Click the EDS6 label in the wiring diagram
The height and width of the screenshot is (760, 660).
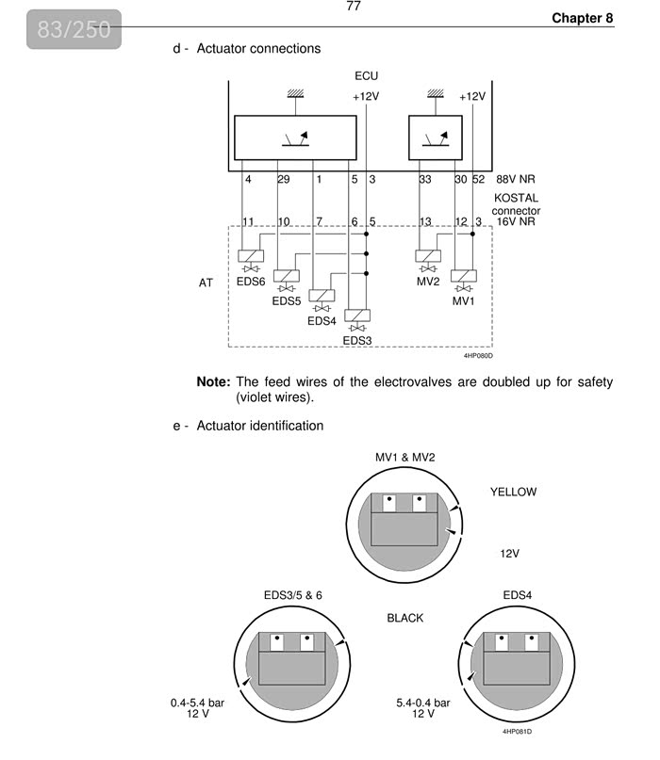click(x=251, y=281)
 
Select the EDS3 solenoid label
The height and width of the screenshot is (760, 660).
click(x=357, y=340)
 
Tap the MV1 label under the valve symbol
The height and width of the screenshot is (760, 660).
click(x=463, y=301)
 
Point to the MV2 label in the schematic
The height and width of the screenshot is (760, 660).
click(x=428, y=281)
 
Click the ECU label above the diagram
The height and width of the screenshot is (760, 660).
click(x=367, y=75)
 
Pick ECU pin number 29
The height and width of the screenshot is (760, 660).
click(x=283, y=179)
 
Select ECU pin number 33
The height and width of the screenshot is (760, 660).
click(x=425, y=179)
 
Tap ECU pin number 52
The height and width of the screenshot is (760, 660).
click(x=478, y=179)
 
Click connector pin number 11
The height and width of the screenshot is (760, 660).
click(x=249, y=222)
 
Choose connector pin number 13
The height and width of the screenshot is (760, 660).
click(x=425, y=222)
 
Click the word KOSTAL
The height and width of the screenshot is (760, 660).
click(x=516, y=199)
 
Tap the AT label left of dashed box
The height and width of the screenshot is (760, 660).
click(x=206, y=282)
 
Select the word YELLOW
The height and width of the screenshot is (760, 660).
click(x=513, y=492)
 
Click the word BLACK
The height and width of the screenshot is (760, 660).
click(x=405, y=619)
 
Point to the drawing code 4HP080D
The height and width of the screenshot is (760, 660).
click(x=478, y=355)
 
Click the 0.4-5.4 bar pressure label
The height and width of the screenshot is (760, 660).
click(x=198, y=703)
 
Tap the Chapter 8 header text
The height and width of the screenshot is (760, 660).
click(x=582, y=18)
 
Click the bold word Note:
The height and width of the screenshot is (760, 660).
click(x=213, y=382)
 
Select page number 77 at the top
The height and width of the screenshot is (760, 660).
click(x=354, y=7)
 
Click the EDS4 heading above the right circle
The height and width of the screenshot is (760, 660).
click(x=518, y=595)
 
